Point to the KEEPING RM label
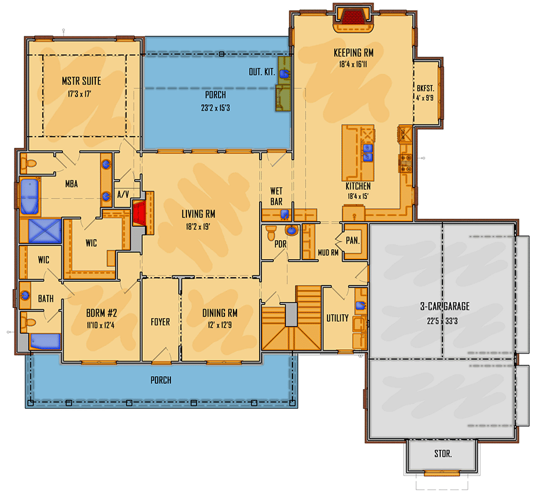point(357,52)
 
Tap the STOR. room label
point(442,453)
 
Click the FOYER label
point(160,322)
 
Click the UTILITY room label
point(337,318)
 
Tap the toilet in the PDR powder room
point(271,230)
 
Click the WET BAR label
point(276,196)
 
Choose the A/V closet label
point(123,194)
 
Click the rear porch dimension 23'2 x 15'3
point(216,108)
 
